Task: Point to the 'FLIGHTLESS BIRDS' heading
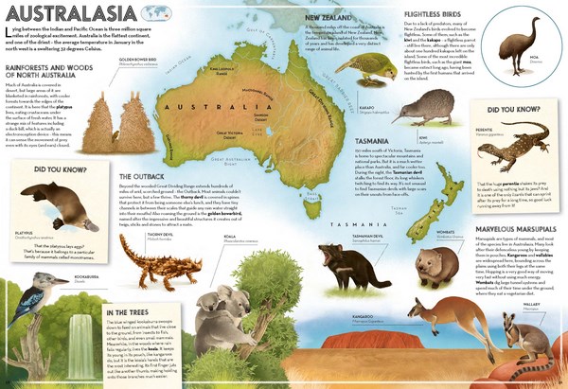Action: click(x=412, y=14)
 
